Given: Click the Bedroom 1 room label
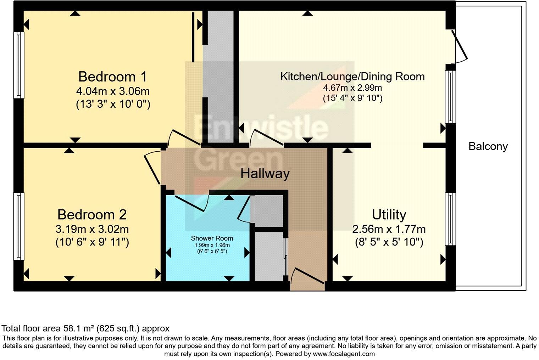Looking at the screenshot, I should click(x=112, y=77).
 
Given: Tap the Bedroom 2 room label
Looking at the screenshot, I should click(x=92, y=214).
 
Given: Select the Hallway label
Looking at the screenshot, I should click(x=265, y=174).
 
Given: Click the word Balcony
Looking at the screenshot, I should click(x=488, y=146).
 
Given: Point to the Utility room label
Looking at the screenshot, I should click(x=389, y=214).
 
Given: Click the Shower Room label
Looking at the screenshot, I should click(x=212, y=238).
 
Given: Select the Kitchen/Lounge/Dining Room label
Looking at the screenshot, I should click(x=352, y=77).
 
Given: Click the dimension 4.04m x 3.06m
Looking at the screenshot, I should click(x=113, y=91).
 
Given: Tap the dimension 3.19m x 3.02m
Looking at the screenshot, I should click(x=92, y=229).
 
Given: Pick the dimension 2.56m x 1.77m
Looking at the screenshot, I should click(x=389, y=229).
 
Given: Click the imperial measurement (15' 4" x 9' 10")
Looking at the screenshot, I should click(x=352, y=98).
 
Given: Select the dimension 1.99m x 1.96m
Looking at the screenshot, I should click(x=212, y=245).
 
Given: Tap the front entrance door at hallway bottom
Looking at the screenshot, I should click(x=307, y=276).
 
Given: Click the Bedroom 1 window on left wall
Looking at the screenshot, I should click(x=19, y=65).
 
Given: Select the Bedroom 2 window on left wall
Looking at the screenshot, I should click(x=19, y=226).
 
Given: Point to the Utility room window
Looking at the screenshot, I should click(x=450, y=219).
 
